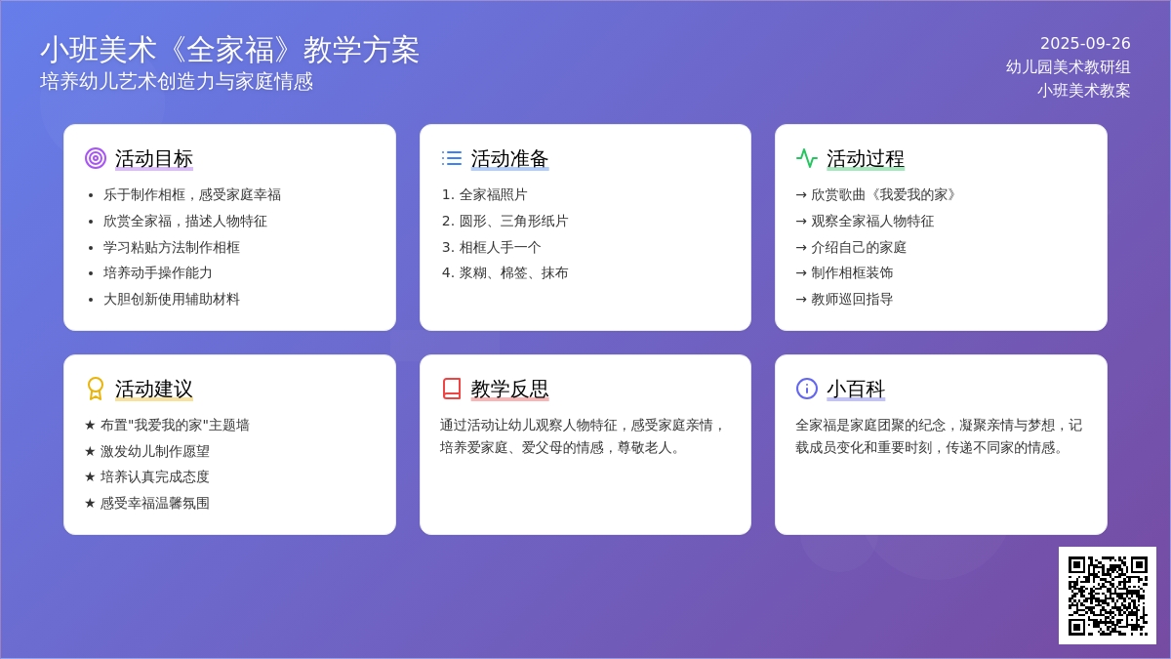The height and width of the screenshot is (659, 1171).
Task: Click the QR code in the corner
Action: (x=1108, y=596)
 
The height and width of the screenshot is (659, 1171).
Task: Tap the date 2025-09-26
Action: (x=1085, y=43)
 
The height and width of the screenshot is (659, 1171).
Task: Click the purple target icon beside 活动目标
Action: (x=96, y=158)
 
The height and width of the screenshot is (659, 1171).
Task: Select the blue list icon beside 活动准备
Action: (x=451, y=158)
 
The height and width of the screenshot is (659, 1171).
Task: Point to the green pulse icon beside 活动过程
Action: (x=807, y=158)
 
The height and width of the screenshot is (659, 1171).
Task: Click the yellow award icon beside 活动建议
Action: (x=96, y=389)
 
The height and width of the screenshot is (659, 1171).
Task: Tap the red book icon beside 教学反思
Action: (x=451, y=389)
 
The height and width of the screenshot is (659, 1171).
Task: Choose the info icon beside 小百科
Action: (x=807, y=389)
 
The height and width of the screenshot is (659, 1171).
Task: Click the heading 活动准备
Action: (x=509, y=158)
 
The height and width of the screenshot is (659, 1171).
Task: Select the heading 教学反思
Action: (x=509, y=390)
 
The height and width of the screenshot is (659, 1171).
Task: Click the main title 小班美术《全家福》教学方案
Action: (x=229, y=50)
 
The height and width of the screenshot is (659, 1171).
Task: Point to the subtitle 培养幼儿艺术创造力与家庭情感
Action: (x=177, y=82)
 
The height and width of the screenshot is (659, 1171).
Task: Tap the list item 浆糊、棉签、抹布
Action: (x=513, y=273)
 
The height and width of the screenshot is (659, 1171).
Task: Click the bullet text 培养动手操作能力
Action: (x=157, y=273)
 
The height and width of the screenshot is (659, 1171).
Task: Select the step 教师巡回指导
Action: (x=852, y=299)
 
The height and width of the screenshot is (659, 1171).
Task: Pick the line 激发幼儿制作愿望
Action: (x=155, y=451)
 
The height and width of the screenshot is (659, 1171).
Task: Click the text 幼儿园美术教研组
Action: (x=1068, y=67)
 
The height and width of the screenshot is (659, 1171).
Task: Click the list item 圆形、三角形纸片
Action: (x=513, y=221)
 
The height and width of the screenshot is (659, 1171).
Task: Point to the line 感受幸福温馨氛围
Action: (x=155, y=503)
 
